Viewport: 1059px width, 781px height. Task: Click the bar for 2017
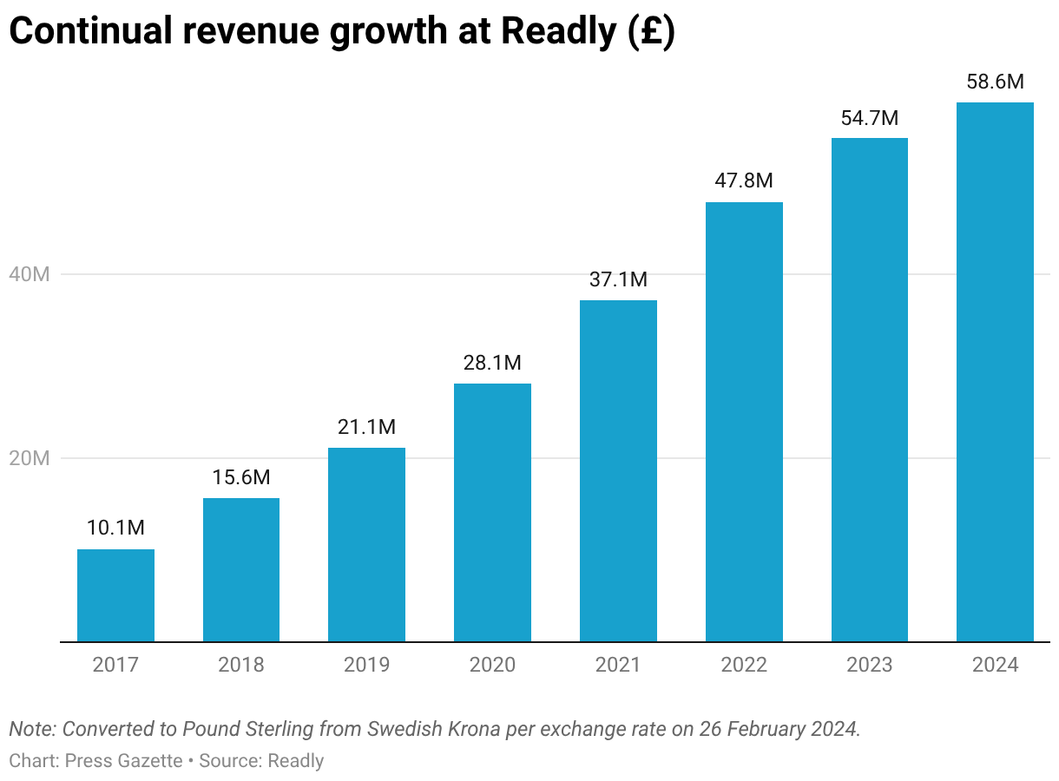[x=115, y=595]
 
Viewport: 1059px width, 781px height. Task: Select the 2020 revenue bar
[x=492, y=512]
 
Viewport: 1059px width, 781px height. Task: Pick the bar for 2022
[x=744, y=422]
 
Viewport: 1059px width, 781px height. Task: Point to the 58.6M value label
[x=995, y=82]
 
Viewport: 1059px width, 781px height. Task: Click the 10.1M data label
[x=115, y=528]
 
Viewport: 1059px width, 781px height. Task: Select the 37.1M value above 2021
[x=618, y=279]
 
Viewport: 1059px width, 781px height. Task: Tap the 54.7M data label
[x=869, y=118]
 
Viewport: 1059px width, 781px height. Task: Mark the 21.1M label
[x=366, y=427]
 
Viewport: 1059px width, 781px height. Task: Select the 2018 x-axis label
[x=241, y=666]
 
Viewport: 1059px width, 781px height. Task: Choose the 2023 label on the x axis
[x=869, y=666]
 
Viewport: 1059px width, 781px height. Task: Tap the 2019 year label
[x=366, y=666]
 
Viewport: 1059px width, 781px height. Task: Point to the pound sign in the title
[x=653, y=32]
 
